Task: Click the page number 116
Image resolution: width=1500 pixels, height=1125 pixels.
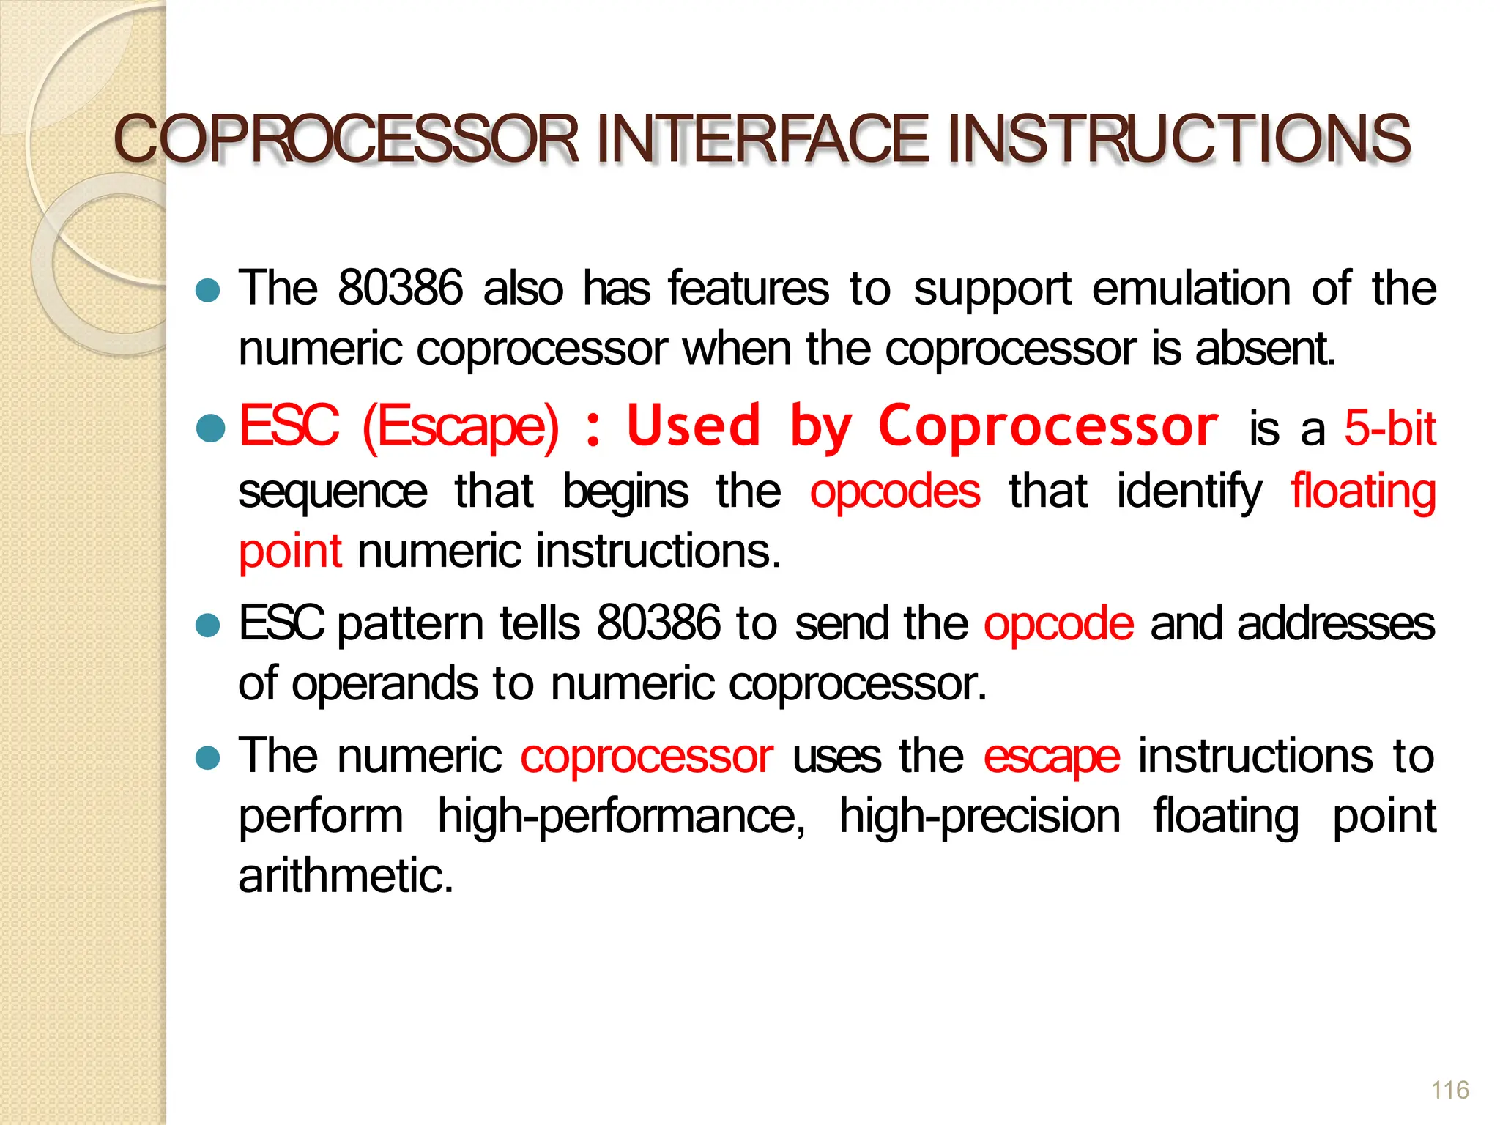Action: [x=1449, y=1090]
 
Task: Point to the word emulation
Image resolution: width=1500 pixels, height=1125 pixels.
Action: [x=1191, y=288]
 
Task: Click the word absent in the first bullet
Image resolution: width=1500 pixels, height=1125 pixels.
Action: [x=1265, y=348]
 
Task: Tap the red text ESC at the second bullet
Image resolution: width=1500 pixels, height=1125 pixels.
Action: [x=289, y=426]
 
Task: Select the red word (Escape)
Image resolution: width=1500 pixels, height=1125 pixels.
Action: [x=461, y=427]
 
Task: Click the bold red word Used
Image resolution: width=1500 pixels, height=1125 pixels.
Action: [x=694, y=426]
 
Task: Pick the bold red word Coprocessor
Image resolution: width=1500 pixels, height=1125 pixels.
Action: [x=1048, y=427]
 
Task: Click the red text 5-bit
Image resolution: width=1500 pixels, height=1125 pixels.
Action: [x=1389, y=428]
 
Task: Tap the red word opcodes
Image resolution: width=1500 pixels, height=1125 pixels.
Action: [x=894, y=491]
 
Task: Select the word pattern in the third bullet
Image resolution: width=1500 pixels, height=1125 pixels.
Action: [x=410, y=625]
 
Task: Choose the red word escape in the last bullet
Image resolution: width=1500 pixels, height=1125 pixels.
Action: [x=1051, y=757]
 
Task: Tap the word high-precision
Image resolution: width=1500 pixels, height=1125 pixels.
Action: [x=979, y=817]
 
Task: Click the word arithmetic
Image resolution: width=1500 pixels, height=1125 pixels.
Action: [x=346, y=875]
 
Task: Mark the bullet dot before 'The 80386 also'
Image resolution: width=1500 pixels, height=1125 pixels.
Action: [x=209, y=291]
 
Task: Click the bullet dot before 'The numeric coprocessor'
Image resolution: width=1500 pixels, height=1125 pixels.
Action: [x=209, y=758]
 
